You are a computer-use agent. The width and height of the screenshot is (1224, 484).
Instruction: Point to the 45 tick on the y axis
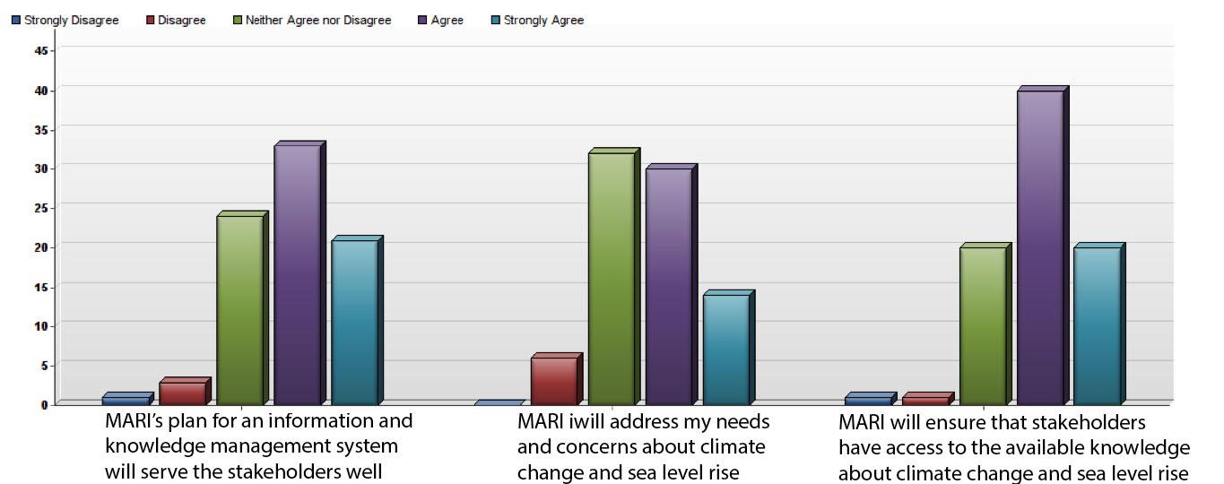(x=39, y=50)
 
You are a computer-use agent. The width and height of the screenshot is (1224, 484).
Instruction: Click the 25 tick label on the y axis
(x=39, y=207)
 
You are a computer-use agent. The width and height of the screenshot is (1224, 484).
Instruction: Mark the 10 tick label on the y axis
(x=39, y=325)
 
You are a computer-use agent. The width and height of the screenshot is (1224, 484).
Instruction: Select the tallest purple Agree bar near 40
(x=1040, y=246)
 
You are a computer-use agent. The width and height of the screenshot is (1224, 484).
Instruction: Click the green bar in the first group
(x=240, y=309)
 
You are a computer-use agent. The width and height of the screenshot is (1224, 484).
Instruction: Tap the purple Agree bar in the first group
(x=298, y=273)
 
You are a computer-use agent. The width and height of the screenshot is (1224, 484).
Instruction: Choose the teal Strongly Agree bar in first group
(x=355, y=322)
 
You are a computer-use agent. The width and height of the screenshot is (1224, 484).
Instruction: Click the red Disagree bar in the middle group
(x=554, y=380)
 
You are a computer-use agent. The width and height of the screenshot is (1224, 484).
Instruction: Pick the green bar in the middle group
(x=612, y=278)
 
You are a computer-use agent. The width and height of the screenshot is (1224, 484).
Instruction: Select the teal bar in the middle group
(x=726, y=349)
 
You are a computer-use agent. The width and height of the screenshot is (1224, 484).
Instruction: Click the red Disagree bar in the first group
(x=183, y=393)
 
